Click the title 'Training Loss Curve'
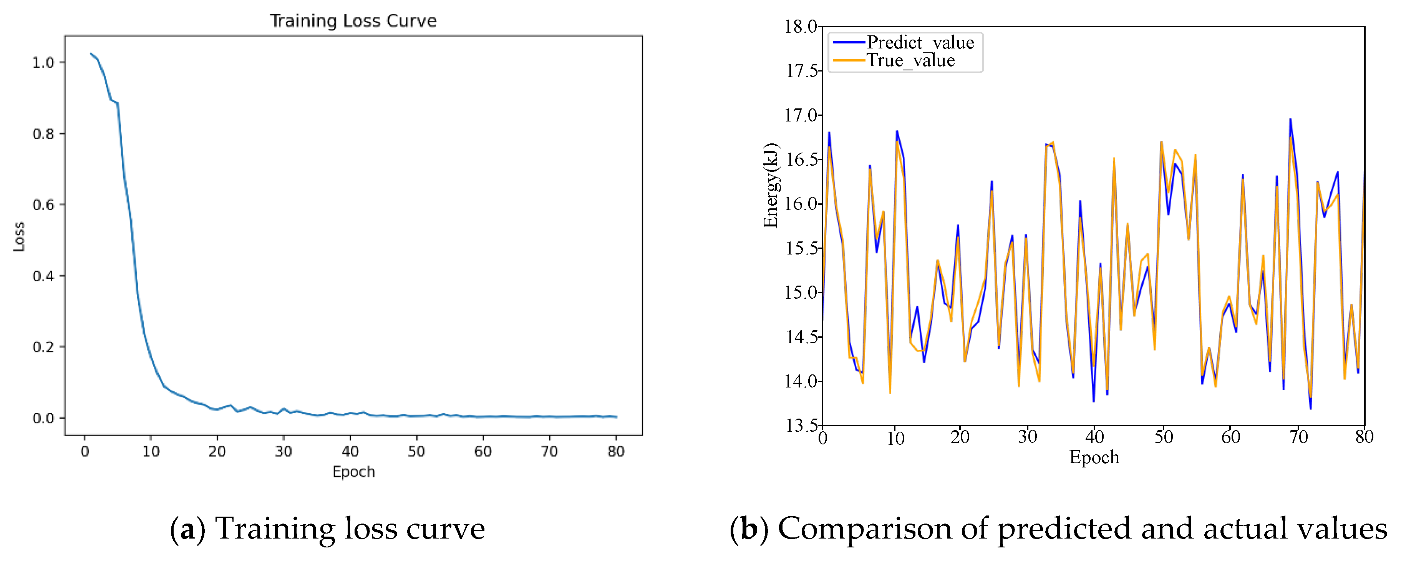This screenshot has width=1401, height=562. point(353,21)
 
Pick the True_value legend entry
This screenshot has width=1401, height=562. point(894,60)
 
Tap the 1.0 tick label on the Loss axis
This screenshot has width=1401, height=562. point(43,63)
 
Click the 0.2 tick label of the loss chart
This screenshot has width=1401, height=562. point(43,347)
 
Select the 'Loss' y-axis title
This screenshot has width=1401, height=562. point(19,237)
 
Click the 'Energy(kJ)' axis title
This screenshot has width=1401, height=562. point(771,186)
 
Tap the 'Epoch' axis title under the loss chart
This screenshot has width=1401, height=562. point(353,472)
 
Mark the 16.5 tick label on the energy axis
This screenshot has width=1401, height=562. point(801,160)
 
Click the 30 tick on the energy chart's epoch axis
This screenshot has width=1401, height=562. point(1027,437)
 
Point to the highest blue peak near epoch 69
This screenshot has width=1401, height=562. point(1290,119)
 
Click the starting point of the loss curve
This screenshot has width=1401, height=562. point(91,53)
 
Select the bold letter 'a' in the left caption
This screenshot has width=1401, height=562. point(187,530)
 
